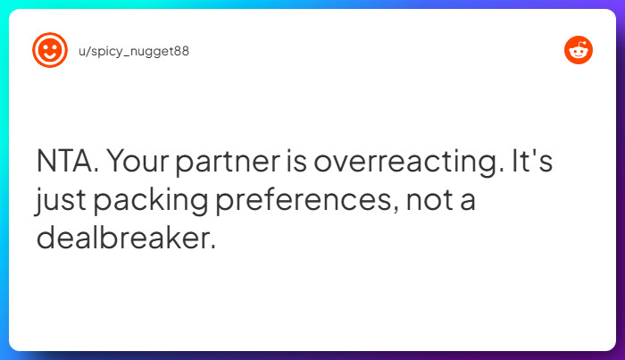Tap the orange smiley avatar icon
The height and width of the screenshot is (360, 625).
pos(49,50)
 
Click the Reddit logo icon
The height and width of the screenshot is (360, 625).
pos(579,50)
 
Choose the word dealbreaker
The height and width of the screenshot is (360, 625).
pos(122,239)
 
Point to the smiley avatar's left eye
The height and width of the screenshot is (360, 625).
pos(45,46)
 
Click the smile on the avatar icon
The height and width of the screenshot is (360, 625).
pos(49,55)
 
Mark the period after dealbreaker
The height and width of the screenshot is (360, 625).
pos(212,247)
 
